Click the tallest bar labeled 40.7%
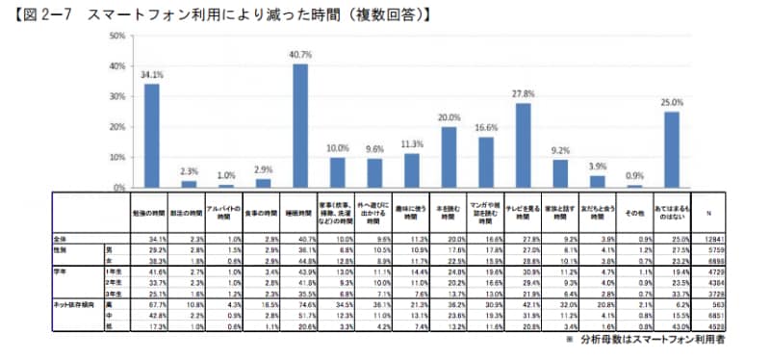coord(300,125)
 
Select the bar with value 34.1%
coord(152,135)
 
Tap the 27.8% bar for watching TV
coord(523,144)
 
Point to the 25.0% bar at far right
coord(671,149)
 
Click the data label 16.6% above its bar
coord(486,127)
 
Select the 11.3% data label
coord(412,143)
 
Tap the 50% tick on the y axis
coord(117,37)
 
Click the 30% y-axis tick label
coord(117,96)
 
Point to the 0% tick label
coord(120,187)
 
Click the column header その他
coord(634,211)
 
